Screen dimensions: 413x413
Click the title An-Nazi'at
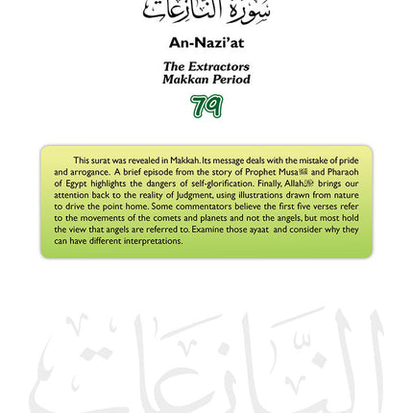[x=206, y=42]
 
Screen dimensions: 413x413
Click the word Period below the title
[x=231, y=79]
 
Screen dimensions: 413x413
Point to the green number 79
[x=206, y=106]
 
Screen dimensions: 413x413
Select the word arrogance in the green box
[x=89, y=172]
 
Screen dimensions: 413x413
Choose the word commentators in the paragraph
[x=185, y=206]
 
